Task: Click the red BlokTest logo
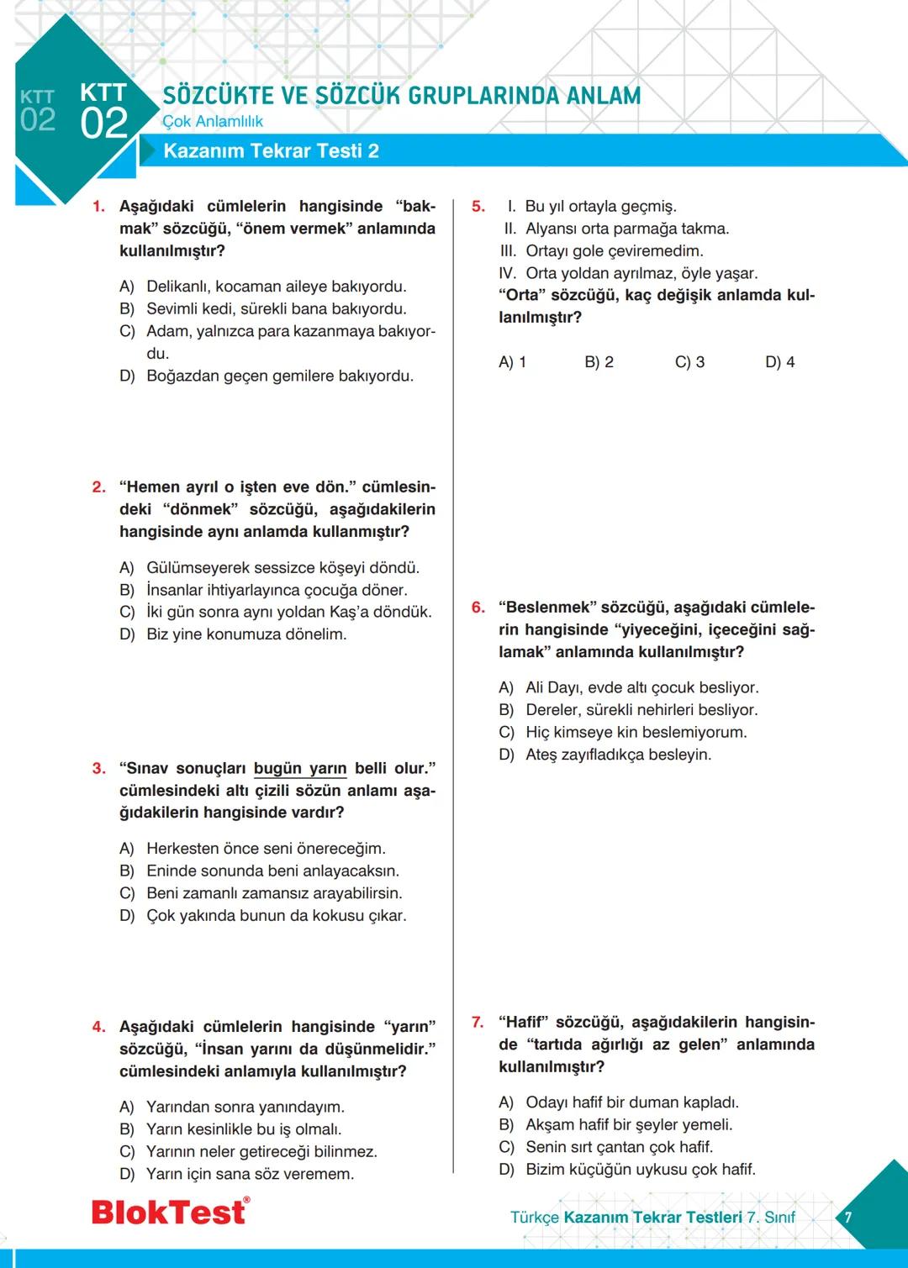pyautogui.click(x=170, y=1212)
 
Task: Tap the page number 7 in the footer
pyautogui.click(x=848, y=1217)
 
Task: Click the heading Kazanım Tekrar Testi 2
pyautogui.click(x=271, y=151)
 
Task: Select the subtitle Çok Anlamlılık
pyautogui.click(x=213, y=122)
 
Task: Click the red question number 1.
pyautogui.click(x=98, y=207)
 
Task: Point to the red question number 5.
pyautogui.click(x=478, y=207)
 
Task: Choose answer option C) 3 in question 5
pyautogui.click(x=689, y=362)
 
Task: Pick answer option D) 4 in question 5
pyautogui.click(x=779, y=362)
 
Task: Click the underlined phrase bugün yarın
pyautogui.click(x=300, y=769)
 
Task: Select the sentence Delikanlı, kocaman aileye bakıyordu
pyautogui.click(x=276, y=287)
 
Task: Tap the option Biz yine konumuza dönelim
pyautogui.click(x=246, y=634)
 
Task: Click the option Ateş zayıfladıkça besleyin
pyautogui.click(x=618, y=755)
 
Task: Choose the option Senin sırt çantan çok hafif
pyautogui.click(x=619, y=1147)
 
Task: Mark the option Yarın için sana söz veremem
pyautogui.click(x=250, y=1174)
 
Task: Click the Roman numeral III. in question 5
pyautogui.click(x=508, y=251)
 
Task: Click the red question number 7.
pyautogui.click(x=478, y=1023)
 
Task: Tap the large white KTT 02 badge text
pyautogui.click(x=103, y=111)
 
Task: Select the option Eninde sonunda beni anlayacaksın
pyautogui.click(x=272, y=871)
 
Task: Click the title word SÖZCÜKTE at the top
pyautogui.click(x=218, y=96)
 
